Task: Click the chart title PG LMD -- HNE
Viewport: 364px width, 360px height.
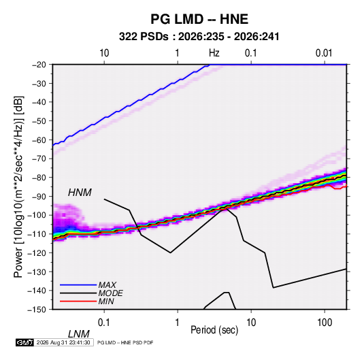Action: (199, 19)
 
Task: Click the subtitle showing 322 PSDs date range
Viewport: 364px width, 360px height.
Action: (199, 37)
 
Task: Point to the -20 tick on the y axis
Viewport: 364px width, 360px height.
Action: (39, 65)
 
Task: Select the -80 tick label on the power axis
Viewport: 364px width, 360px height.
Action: (39, 178)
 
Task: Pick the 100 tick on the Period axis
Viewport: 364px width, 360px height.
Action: (325, 323)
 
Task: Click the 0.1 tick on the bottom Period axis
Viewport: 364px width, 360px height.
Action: (104, 323)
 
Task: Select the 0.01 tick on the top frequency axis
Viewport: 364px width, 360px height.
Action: (324, 53)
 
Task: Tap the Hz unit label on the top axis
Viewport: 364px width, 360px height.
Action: (214, 53)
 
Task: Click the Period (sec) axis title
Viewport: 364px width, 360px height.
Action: (214, 330)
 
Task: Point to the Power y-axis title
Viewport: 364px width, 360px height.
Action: (18, 187)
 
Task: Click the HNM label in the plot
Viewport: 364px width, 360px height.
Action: (80, 193)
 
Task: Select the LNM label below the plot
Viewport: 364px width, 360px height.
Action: (79, 334)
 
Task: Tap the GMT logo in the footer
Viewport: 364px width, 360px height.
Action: (24, 342)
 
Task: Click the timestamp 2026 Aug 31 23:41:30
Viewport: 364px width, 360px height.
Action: (63, 342)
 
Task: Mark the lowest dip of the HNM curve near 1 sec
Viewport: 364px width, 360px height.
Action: (170, 252)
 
